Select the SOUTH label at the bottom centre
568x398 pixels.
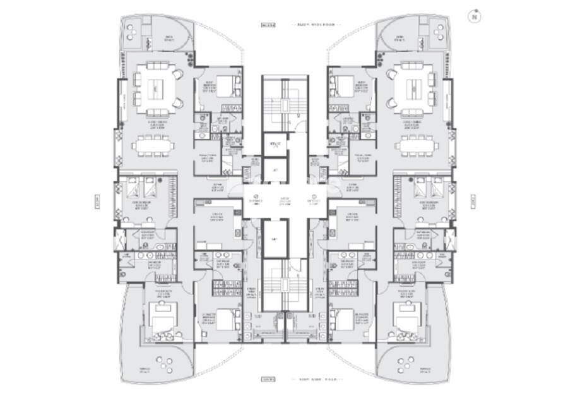click(x=269, y=380)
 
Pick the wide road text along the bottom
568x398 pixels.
click(x=316, y=380)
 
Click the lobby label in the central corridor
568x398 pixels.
click(x=284, y=199)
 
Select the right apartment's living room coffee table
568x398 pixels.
click(x=414, y=89)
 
